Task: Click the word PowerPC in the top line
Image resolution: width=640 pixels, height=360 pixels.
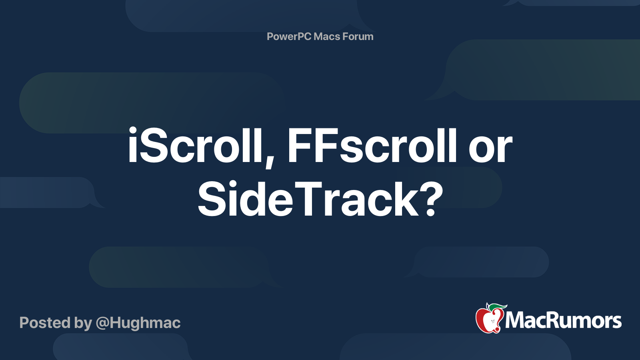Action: (x=289, y=36)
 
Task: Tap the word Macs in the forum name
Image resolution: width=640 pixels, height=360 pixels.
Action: (x=326, y=36)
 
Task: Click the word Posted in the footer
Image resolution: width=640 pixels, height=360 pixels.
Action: (x=45, y=323)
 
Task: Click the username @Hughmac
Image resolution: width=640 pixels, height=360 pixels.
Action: (x=138, y=323)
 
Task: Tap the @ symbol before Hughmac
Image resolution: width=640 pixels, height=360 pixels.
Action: (x=102, y=323)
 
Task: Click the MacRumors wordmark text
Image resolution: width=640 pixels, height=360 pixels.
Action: (x=563, y=320)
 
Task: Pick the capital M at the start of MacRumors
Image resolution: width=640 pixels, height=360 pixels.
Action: (x=515, y=320)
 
